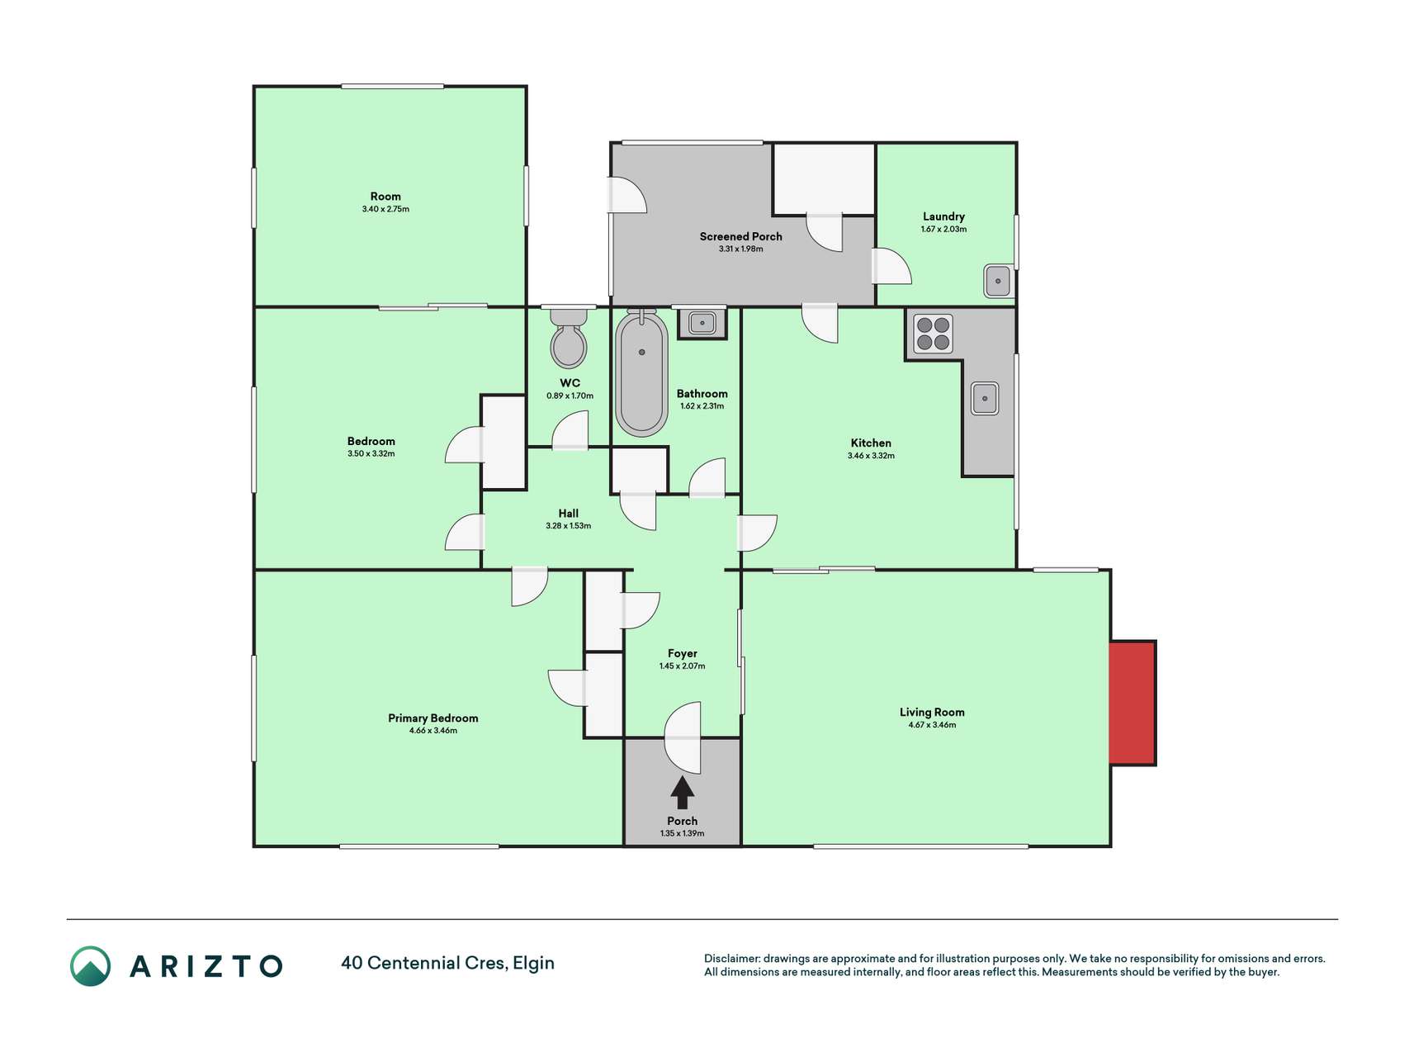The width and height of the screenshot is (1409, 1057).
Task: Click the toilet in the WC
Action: tap(569, 338)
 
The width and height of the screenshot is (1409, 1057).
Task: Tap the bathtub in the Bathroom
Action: tap(641, 374)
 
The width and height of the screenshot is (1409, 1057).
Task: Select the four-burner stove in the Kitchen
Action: tap(934, 334)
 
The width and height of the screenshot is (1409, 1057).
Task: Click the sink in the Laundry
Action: tap(998, 281)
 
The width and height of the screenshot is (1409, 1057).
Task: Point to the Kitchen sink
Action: tap(985, 398)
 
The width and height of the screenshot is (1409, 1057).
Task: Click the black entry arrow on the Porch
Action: tap(682, 792)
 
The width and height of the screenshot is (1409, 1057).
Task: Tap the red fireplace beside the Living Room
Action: tap(1132, 703)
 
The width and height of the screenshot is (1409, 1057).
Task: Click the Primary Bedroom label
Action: tap(433, 718)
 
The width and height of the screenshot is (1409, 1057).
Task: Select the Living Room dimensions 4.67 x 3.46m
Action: tap(932, 725)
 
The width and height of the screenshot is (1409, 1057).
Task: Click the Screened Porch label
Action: tap(740, 236)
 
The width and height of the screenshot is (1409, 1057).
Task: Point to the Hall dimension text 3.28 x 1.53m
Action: tap(568, 526)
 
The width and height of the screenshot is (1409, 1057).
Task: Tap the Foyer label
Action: tap(683, 653)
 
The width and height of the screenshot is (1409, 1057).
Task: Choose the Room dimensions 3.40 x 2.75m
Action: tap(385, 210)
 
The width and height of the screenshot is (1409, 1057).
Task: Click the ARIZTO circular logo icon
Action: tap(90, 966)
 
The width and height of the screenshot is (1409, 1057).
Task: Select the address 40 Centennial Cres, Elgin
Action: tap(447, 963)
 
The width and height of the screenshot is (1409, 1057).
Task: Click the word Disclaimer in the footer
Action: tap(731, 959)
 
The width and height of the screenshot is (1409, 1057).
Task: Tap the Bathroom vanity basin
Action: tap(702, 323)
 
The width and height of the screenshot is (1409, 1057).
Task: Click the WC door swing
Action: tap(570, 431)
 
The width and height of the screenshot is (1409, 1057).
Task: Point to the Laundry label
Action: tap(943, 216)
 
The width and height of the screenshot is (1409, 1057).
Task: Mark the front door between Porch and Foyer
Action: tap(683, 737)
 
